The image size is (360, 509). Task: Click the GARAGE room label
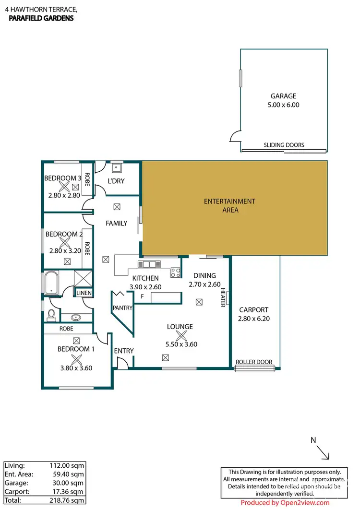coord(283,96)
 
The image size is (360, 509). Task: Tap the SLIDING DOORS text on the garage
coord(284,145)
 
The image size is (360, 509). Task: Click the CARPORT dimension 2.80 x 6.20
coord(253,318)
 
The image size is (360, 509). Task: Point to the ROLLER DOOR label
coord(254,362)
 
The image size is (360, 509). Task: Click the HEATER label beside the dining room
coord(223,298)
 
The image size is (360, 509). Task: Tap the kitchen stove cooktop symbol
coord(175,272)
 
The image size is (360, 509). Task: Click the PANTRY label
coord(122,308)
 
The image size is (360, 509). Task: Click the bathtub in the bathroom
coord(51,283)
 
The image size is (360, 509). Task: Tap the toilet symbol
coord(51,315)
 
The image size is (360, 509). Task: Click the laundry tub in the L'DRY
coord(117,168)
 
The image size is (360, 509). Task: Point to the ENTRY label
coord(124,351)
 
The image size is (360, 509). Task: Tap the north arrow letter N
coord(313,440)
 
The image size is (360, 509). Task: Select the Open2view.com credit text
coord(285,503)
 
